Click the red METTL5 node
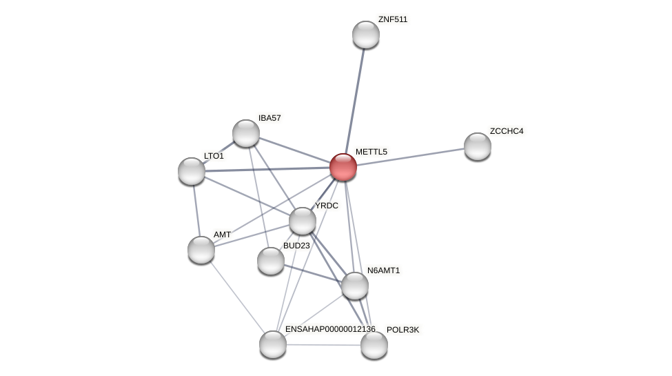click(x=343, y=167)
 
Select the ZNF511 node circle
click(x=366, y=34)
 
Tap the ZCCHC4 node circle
click(x=477, y=146)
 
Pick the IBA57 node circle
click(x=245, y=133)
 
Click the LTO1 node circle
click(x=192, y=171)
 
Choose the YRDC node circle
click(x=302, y=221)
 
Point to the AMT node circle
click(x=201, y=250)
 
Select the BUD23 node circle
click(x=271, y=261)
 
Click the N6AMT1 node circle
click(x=355, y=286)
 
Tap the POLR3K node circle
click(x=374, y=345)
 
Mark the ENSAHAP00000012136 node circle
click(x=273, y=344)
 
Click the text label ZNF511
click(x=392, y=19)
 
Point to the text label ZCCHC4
click(x=506, y=131)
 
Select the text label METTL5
click(x=371, y=152)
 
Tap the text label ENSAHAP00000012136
click(x=330, y=329)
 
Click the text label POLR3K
click(x=403, y=330)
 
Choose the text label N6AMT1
click(x=383, y=270)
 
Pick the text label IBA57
click(x=269, y=118)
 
